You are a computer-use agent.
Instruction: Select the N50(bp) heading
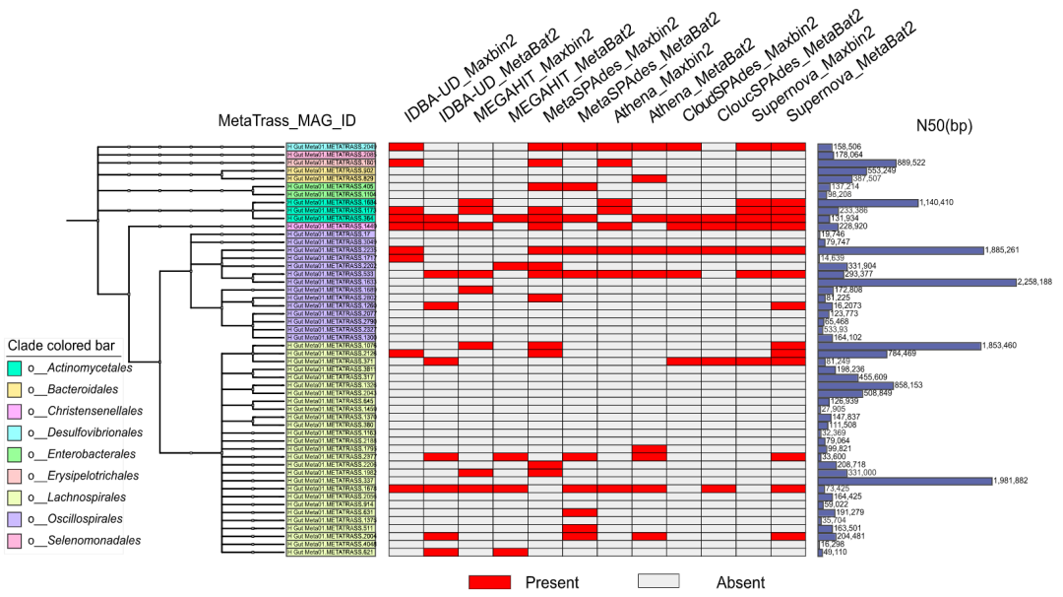[x=945, y=125]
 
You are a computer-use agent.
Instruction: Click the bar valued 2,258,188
[x=915, y=282]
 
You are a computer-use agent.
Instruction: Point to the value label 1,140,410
[x=949, y=203]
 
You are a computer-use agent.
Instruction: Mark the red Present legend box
[x=488, y=582]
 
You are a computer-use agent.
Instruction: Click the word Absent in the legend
[x=723, y=582]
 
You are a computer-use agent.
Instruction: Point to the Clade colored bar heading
[x=64, y=345]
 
